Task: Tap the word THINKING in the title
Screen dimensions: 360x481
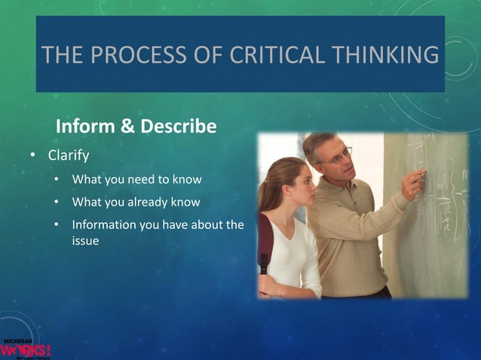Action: pyautogui.click(x=381, y=55)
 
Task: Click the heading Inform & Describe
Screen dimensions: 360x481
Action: pyautogui.click(x=136, y=126)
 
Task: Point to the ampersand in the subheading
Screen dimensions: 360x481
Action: pyautogui.click(x=128, y=126)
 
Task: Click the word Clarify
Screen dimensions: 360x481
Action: pyautogui.click(x=69, y=157)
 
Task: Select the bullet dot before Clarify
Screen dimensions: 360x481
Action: pyautogui.click(x=32, y=157)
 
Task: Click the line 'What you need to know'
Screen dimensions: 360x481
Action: pyautogui.click(x=136, y=180)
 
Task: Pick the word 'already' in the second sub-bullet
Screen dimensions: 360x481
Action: pyautogui.click(x=151, y=203)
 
